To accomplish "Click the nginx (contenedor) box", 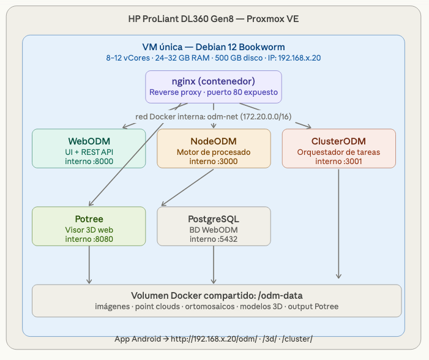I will point(214,86).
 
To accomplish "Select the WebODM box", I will point(89,148).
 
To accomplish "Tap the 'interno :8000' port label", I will point(89,161).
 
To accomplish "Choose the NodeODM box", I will point(214,148).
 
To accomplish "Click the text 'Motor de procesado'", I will point(214,152).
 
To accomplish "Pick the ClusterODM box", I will point(338,148).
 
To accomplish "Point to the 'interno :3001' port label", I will point(338,161).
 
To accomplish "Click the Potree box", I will point(89,226).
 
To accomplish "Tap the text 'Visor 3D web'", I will point(89,230).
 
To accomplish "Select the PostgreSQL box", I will point(214,226).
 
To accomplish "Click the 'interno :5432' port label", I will point(214,239).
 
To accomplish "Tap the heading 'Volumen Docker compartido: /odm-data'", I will point(216,294).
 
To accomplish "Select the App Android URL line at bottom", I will point(214,339).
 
